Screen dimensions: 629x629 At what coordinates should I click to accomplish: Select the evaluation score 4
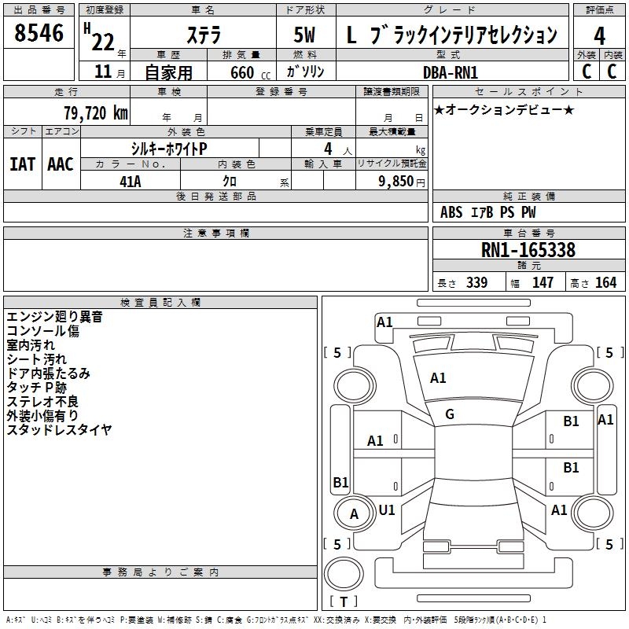(599, 36)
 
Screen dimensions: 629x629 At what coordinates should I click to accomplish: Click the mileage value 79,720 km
(95, 112)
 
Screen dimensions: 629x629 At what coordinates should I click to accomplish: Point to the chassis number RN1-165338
(528, 251)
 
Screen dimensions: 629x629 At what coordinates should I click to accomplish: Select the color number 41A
(130, 182)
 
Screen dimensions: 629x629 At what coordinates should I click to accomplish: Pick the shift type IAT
(22, 164)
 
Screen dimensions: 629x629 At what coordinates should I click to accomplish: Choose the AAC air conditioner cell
(61, 164)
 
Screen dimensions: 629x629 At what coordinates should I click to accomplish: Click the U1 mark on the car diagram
(387, 509)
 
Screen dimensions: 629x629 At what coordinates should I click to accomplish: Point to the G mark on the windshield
(450, 414)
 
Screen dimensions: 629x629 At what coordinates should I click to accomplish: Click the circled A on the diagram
(354, 514)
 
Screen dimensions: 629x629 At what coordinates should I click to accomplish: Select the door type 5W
(307, 36)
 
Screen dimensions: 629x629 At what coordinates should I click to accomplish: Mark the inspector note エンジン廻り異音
(54, 317)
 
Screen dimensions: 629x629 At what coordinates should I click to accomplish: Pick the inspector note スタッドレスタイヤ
(59, 430)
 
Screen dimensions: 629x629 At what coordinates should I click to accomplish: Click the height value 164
(605, 283)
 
